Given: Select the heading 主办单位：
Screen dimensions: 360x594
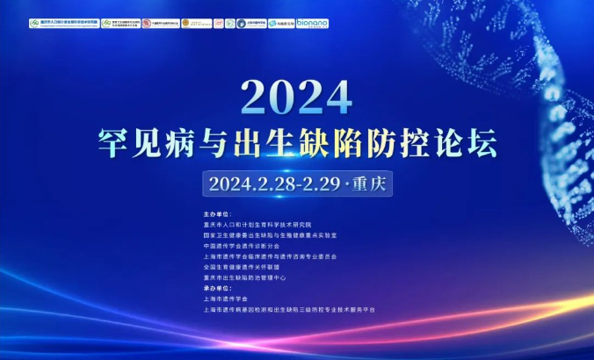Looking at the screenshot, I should coord(215,213).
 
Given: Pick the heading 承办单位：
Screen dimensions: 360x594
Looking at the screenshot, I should coord(215,289).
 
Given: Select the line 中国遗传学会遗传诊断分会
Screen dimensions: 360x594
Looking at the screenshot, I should coord(245,246).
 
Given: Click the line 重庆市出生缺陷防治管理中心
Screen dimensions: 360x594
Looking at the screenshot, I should coord(250,277).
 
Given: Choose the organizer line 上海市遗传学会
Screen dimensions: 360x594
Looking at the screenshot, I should coord(225,299).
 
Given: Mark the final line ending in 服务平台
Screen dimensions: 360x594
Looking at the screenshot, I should coord(288,310).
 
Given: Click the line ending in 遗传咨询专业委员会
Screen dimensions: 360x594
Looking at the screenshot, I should coord(269,256).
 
